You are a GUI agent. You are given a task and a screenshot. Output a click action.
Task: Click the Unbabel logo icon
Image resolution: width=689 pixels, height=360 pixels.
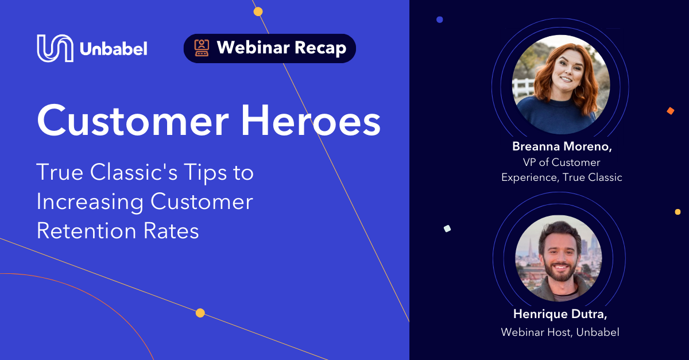pyautogui.click(x=55, y=48)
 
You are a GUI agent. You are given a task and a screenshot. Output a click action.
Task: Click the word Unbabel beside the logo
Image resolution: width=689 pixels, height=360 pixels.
pyautogui.click(x=114, y=49)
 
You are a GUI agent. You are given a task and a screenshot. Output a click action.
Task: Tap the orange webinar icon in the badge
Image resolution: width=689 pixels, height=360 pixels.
pyautogui.click(x=202, y=48)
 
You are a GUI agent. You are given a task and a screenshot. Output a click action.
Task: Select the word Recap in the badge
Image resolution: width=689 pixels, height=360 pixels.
pyautogui.click(x=320, y=48)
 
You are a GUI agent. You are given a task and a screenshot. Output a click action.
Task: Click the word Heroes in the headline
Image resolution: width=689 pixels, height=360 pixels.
pyautogui.click(x=311, y=121)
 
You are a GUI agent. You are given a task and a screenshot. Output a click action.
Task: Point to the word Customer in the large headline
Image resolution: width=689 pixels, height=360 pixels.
pyautogui.click(x=133, y=121)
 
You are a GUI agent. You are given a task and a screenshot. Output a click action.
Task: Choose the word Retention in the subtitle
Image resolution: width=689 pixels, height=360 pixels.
pyautogui.click(x=87, y=231)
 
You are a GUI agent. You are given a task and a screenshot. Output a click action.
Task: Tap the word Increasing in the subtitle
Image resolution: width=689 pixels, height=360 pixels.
pyautogui.click(x=90, y=203)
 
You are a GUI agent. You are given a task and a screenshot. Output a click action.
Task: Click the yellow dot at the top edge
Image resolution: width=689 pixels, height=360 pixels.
pyautogui.click(x=258, y=11)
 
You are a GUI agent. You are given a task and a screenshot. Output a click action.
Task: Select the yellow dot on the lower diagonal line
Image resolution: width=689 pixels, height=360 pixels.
pyautogui.click(x=200, y=313)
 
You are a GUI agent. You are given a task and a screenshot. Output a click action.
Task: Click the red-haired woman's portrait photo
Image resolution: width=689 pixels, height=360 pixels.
pyautogui.click(x=561, y=84)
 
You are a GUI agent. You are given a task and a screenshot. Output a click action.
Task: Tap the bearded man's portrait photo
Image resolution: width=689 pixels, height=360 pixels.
pyautogui.click(x=559, y=258)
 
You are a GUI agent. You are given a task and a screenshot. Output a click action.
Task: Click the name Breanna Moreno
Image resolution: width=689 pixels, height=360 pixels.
pyautogui.click(x=562, y=146)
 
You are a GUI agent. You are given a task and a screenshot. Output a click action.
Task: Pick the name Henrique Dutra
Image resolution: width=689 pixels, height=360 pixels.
pyautogui.click(x=560, y=314)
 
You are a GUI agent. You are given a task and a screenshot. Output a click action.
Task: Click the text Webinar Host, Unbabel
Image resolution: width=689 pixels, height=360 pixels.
pyautogui.click(x=560, y=332)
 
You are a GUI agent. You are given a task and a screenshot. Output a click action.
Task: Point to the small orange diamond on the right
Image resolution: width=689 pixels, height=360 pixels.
pyautogui.click(x=671, y=111)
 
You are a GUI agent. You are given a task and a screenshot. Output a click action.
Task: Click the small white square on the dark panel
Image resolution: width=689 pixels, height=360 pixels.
pyautogui.click(x=447, y=229)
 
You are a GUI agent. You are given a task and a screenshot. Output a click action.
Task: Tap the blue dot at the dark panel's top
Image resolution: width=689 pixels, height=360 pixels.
pyautogui.click(x=440, y=20)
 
